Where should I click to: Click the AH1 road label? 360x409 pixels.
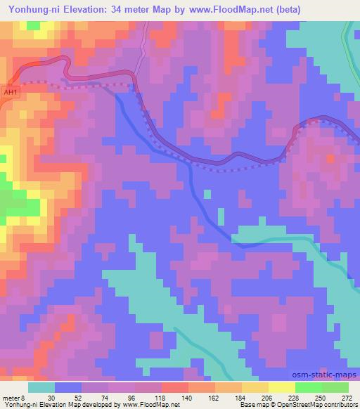(9, 91)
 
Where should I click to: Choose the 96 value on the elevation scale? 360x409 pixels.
(131, 397)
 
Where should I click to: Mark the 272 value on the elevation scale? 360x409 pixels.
(347, 397)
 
